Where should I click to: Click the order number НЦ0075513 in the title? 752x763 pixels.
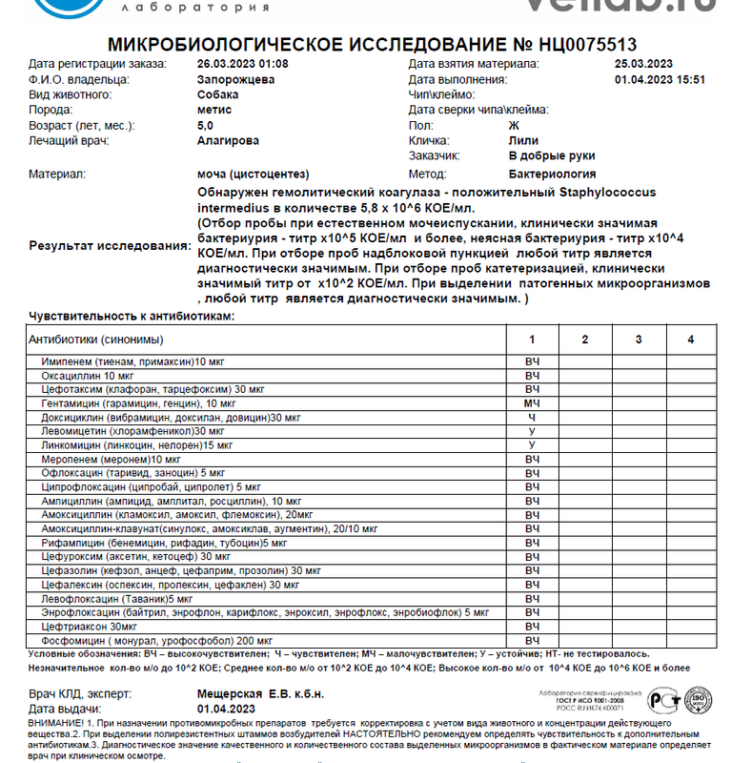(577, 44)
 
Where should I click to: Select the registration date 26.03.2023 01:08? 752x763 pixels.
(244, 65)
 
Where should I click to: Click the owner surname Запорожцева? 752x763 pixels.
(235, 80)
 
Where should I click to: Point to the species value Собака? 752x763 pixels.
(218, 95)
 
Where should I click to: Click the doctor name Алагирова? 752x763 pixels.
(227, 141)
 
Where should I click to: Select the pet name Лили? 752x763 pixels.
(523, 141)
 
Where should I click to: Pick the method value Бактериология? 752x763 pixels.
(552, 175)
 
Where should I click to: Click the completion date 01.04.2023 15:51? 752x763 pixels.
(660, 80)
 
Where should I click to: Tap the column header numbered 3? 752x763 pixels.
(638, 340)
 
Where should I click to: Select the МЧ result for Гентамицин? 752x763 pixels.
(532, 404)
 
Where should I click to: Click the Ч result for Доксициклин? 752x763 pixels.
(532, 418)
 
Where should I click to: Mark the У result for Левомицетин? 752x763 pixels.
(532, 432)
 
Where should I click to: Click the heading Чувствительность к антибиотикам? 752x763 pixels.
(131, 316)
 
